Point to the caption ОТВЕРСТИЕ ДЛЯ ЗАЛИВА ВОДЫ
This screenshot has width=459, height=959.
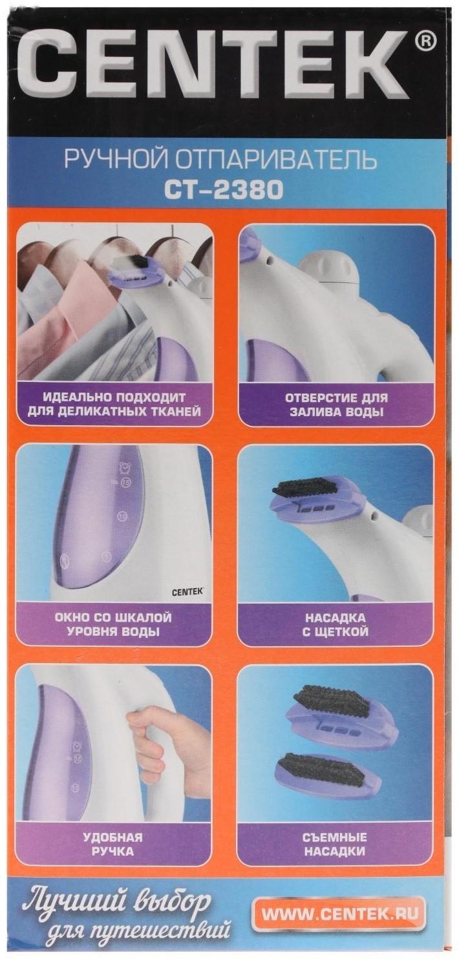[x=336, y=405]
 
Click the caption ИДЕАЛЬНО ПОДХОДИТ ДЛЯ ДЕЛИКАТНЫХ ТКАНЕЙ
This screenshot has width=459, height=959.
[x=114, y=405]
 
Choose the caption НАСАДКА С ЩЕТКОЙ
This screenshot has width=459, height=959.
[x=336, y=624]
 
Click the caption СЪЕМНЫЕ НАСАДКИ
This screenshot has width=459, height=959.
[x=335, y=844]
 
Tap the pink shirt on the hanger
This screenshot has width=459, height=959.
[x=71, y=310]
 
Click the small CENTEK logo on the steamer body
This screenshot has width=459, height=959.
[x=187, y=590]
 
